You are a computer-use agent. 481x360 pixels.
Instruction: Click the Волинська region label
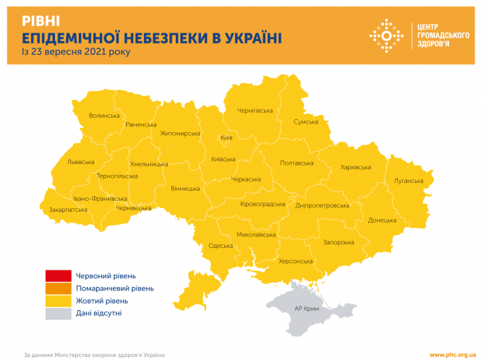coord(104,116)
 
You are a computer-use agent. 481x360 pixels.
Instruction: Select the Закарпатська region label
coord(68,210)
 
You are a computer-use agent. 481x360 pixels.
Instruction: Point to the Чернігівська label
coord(255,111)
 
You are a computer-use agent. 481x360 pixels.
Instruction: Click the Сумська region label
coord(305,122)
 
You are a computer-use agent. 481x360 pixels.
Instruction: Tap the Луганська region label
coord(408,180)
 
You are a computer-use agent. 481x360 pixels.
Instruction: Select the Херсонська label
coord(295,261)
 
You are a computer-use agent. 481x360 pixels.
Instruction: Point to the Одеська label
coord(221,246)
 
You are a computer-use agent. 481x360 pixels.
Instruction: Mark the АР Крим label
coord(307,308)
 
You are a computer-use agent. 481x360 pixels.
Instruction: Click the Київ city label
coord(226,137)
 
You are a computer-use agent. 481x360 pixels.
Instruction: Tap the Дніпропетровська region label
coord(322,205)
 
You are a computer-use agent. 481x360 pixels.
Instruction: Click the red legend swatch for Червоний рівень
coord(58,275)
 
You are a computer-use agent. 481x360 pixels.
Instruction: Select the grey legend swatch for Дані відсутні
coord(58,314)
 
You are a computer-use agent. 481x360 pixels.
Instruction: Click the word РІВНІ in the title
coord(41,20)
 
